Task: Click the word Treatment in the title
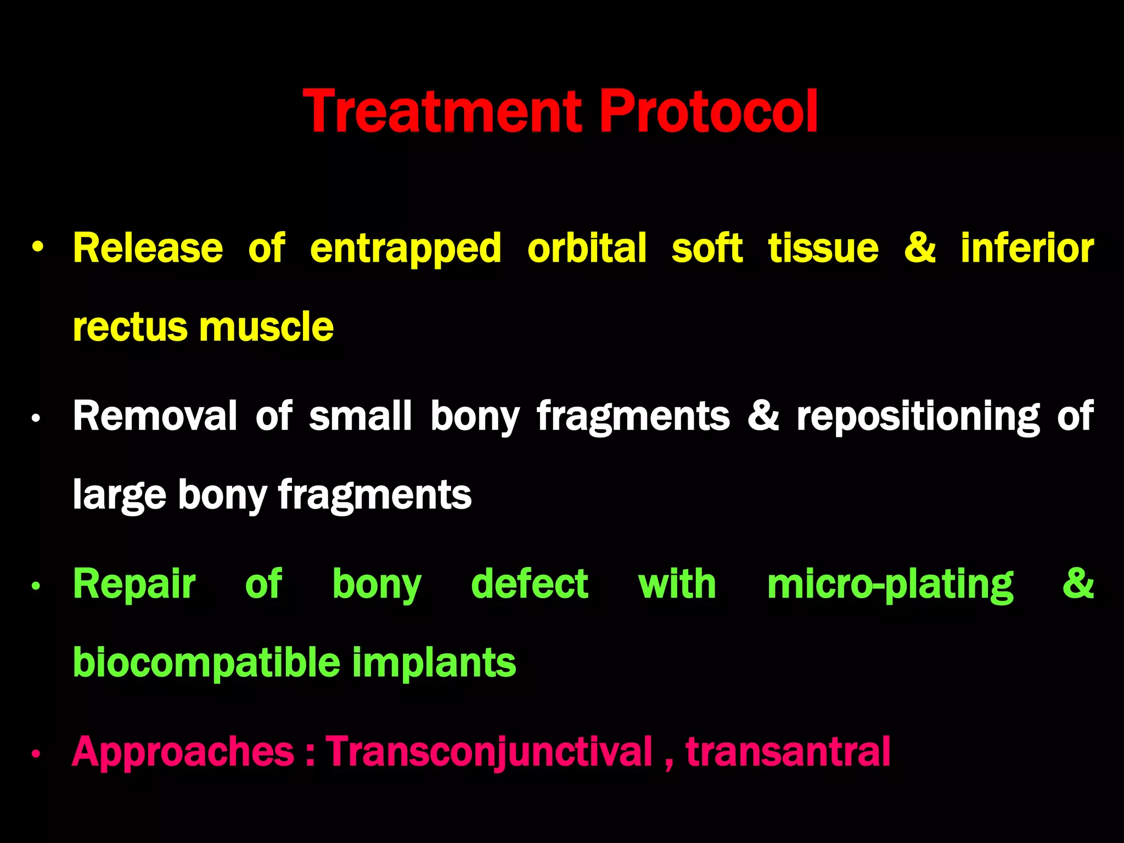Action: [442, 112]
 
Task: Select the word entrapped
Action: [406, 248]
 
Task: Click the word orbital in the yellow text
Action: [587, 248]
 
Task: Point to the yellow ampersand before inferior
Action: [920, 248]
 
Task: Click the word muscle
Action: [267, 327]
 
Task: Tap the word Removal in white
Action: [155, 416]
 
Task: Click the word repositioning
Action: [918, 417]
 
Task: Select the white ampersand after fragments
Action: [763, 416]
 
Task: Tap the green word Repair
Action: [134, 584]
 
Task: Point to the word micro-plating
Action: [890, 585]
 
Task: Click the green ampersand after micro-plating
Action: [1078, 584]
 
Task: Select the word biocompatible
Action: [206, 663]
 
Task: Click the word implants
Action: [434, 663]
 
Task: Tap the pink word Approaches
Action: [183, 752]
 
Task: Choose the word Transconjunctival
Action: [489, 752]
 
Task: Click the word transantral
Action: [788, 752]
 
